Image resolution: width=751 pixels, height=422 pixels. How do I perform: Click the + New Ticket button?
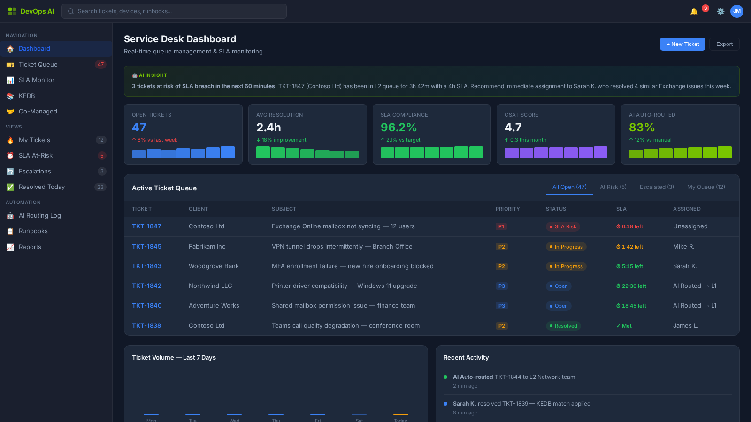click(682, 44)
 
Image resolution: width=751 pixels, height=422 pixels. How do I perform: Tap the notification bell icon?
click(694, 11)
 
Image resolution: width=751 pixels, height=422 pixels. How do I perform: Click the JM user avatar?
click(736, 11)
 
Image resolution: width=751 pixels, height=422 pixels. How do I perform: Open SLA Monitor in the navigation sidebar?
click(37, 80)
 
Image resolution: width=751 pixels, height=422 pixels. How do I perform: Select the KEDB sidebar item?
click(27, 96)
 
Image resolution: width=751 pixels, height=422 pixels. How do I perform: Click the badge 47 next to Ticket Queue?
click(100, 64)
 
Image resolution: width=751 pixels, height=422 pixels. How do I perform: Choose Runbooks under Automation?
click(33, 231)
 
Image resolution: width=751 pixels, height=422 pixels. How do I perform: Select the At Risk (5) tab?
click(613, 187)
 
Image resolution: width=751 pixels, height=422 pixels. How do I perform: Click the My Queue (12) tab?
click(706, 187)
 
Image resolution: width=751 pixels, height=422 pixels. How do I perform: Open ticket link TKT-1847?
click(146, 226)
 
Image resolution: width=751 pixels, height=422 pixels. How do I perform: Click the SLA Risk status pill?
click(563, 226)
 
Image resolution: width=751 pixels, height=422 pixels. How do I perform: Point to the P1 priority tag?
click(501, 226)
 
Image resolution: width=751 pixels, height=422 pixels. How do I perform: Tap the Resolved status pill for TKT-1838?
click(563, 326)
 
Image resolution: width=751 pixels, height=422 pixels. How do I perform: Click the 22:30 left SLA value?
click(631, 286)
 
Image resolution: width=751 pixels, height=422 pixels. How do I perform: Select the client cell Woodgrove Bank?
click(214, 266)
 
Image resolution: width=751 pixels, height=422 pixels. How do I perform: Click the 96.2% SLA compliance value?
click(398, 128)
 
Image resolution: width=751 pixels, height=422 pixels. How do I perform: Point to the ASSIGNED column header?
click(687, 209)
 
